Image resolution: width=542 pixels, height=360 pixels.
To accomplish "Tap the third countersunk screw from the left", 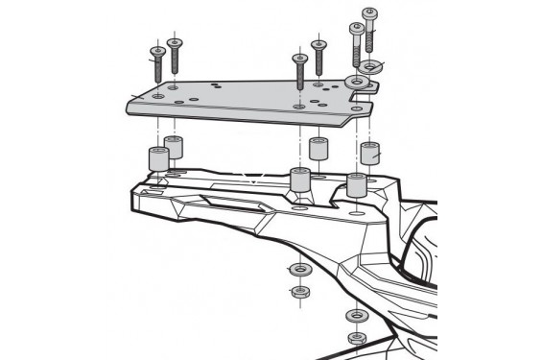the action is point(300,69).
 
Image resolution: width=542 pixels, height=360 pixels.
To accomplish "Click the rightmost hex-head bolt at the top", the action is point(369,27).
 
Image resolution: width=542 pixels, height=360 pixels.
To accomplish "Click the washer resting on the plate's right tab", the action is point(356,83).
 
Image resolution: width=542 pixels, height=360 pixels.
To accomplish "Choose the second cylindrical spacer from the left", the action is point(174,148).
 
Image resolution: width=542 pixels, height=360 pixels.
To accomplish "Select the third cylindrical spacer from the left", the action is point(298,180).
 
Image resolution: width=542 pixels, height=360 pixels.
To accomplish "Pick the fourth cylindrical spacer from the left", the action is point(318,150).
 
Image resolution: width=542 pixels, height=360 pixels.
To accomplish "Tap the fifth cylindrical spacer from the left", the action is point(356,184).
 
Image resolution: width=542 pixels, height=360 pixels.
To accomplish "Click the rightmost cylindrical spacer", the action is point(369,153).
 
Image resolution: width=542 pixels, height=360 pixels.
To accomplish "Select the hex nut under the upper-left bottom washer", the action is point(298,291).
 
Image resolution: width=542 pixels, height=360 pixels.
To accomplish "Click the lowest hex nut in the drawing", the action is point(356,338).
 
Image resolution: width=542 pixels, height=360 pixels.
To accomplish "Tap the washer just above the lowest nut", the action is point(356,316).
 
